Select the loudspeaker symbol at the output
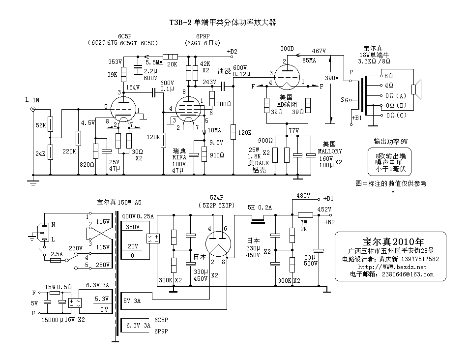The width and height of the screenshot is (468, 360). point(415,90)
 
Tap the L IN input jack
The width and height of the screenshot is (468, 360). point(33,109)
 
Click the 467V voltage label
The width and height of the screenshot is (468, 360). point(319,51)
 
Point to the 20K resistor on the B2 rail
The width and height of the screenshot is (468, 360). point(170,57)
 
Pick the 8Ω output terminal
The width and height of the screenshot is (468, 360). point(381,76)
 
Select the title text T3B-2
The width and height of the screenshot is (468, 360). point(180,22)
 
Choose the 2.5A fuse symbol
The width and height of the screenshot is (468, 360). point(55,261)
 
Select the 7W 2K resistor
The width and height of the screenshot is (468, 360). point(305,214)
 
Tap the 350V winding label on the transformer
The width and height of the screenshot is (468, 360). point(132,227)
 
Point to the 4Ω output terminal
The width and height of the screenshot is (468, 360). point(381,86)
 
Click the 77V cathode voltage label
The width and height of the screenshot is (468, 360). point(293,130)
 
